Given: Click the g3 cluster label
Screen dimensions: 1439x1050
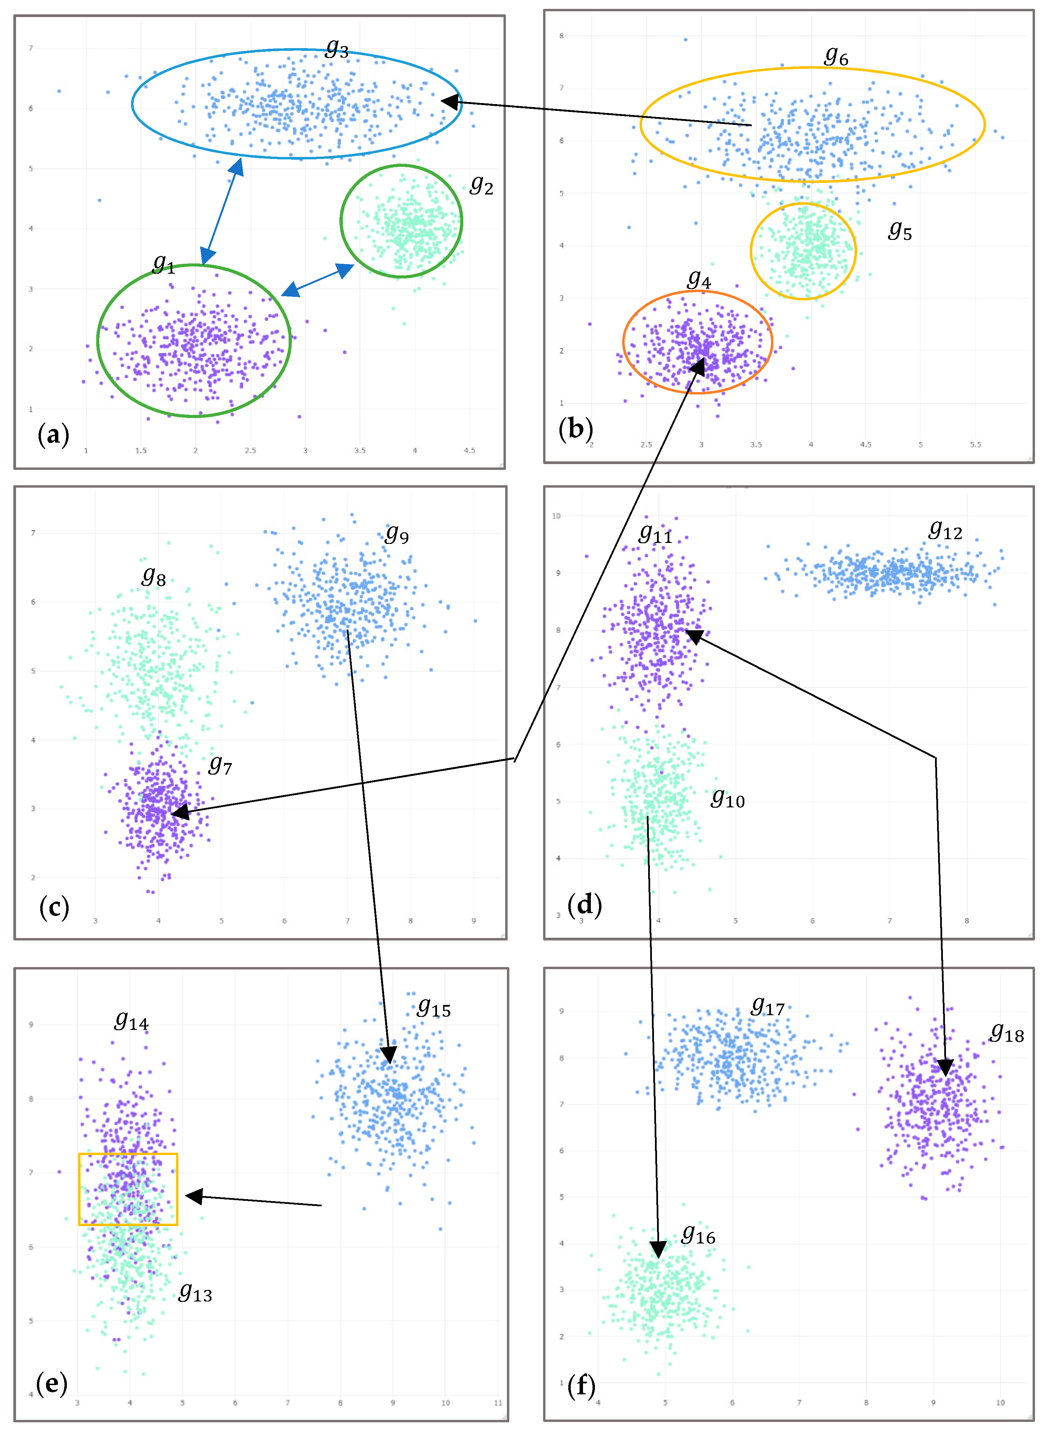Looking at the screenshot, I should (x=337, y=49).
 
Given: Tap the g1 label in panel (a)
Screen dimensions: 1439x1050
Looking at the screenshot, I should (x=164, y=264).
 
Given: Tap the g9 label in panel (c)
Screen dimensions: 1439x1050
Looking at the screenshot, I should (x=397, y=534).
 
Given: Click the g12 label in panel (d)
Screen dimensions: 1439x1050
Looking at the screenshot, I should (x=946, y=530).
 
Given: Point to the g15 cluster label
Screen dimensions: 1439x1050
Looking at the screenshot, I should (x=434, y=1007).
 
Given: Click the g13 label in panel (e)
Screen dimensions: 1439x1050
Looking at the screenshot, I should (x=195, y=1292).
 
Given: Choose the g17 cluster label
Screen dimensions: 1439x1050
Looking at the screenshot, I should (x=768, y=1007).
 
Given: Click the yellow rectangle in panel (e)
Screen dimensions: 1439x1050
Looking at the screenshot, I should (x=128, y=1189).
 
